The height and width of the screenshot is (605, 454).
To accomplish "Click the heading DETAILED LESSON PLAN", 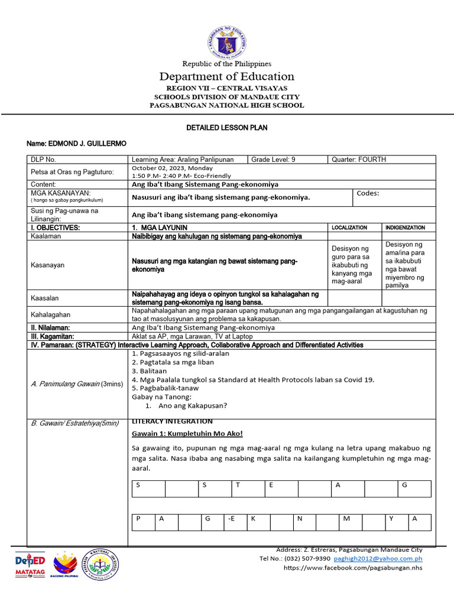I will (226, 128).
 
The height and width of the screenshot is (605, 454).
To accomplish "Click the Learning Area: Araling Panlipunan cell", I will (183, 160).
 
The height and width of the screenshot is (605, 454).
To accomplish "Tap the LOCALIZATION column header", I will (349, 227).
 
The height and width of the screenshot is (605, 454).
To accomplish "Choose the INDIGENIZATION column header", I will (405, 227).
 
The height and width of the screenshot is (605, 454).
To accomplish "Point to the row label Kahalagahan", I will (51, 314).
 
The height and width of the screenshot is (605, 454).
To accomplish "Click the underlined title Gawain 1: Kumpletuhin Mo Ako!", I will (187, 434).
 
